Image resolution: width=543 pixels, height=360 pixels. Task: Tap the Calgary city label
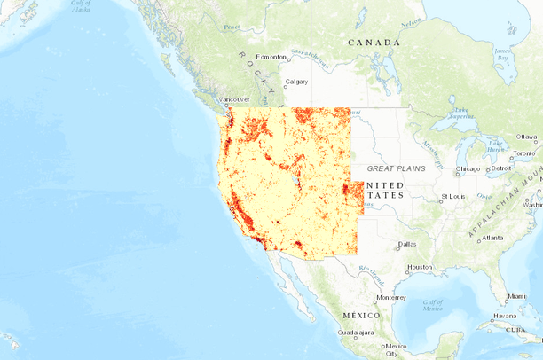pyautogui.click(x=296, y=82)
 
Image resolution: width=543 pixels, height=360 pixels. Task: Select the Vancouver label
pyautogui.click(x=234, y=99)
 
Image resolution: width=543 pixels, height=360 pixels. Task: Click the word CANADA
pyautogui.click(x=374, y=43)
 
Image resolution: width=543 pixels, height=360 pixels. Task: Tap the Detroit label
pyautogui.click(x=501, y=168)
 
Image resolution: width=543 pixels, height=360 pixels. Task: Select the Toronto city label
pyautogui.click(x=524, y=153)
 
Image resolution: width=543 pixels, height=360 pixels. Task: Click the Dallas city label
pyautogui.click(x=407, y=243)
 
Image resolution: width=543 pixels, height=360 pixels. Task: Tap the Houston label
pyautogui.click(x=420, y=267)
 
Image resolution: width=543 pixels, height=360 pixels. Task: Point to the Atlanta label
pyautogui.click(x=492, y=238)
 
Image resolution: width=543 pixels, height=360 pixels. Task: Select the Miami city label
pyautogui.click(x=516, y=296)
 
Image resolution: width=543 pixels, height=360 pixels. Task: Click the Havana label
pyautogui.click(x=506, y=315)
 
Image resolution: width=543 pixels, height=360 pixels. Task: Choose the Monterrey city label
pyautogui.click(x=390, y=297)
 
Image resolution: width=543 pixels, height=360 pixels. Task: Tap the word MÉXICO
pyautogui.click(x=361, y=316)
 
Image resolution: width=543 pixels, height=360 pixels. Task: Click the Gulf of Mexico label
pyautogui.click(x=432, y=305)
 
